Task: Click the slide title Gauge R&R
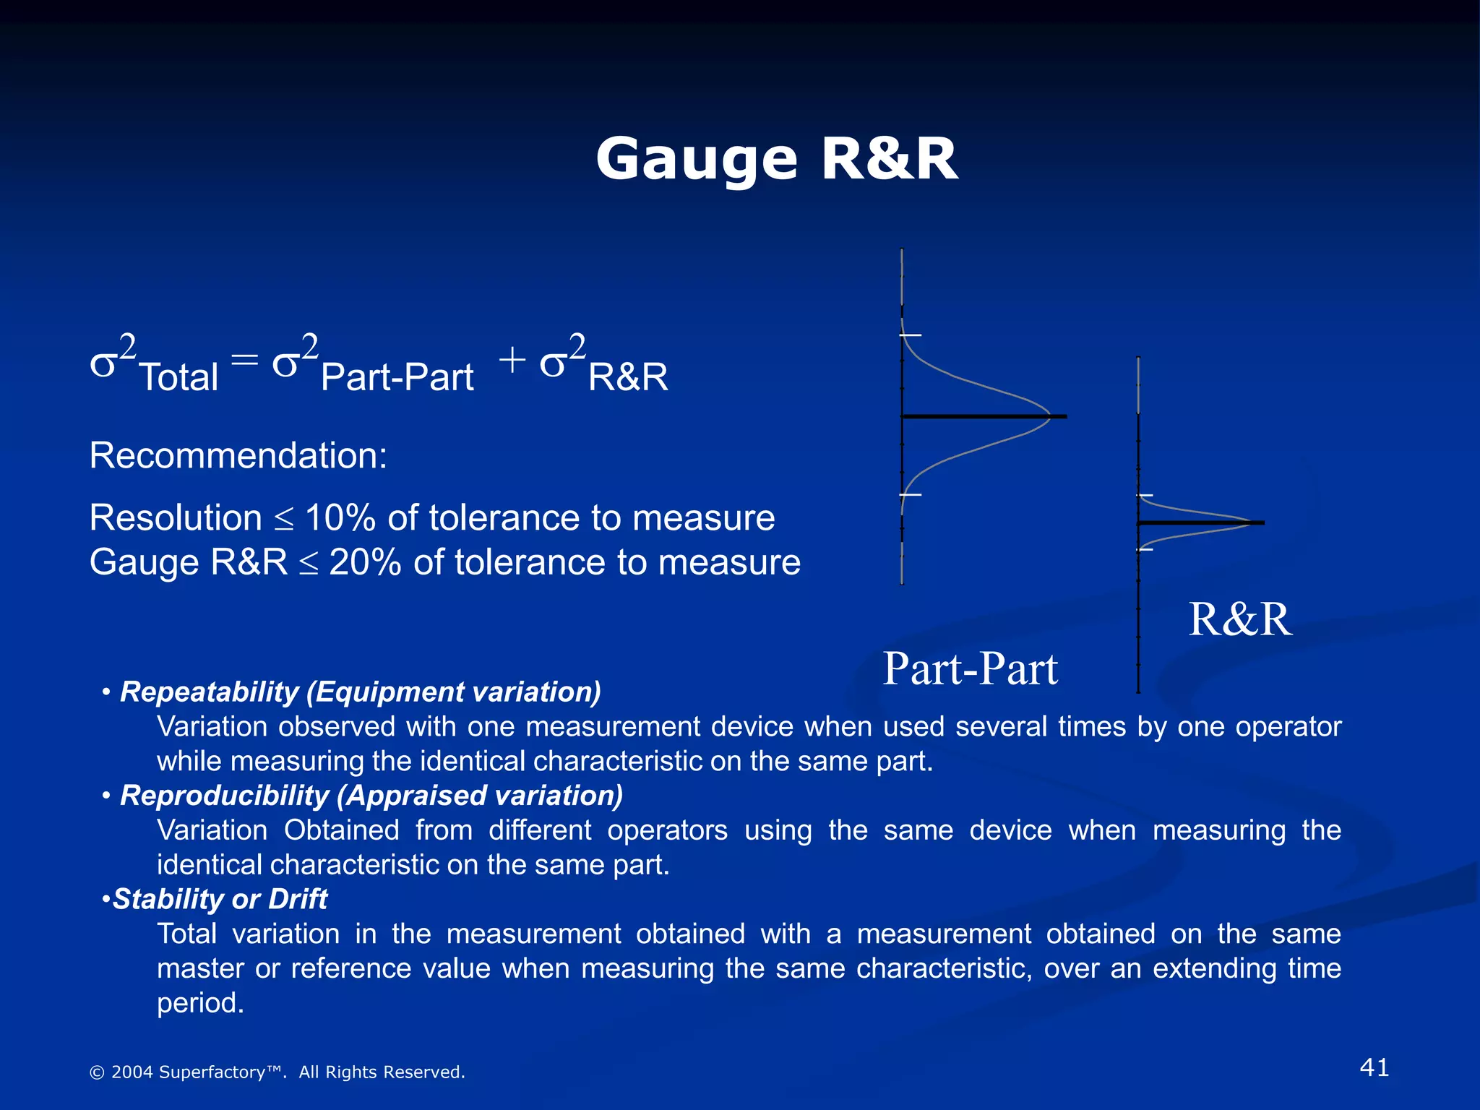(x=776, y=159)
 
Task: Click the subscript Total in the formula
(x=178, y=377)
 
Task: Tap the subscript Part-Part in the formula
(x=397, y=377)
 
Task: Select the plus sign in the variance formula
(x=512, y=359)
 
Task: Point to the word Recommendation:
(x=238, y=456)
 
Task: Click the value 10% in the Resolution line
(x=340, y=518)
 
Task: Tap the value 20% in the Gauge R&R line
(x=365, y=563)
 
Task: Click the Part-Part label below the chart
(x=970, y=668)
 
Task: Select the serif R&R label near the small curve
(x=1240, y=619)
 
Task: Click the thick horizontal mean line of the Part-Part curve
(x=983, y=416)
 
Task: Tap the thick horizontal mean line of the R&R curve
(x=1200, y=522)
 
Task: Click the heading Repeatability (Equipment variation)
(x=360, y=692)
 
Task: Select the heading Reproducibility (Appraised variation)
(x=371, y=796)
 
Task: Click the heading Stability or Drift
(x=220, y=899)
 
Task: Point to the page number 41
(x=1374, y=1067)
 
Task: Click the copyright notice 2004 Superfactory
(x=277, y=1072)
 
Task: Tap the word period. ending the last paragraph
(x=200, y=1003)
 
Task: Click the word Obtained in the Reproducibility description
(x=341, y=830)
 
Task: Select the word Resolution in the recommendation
(x=176, y=518)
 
